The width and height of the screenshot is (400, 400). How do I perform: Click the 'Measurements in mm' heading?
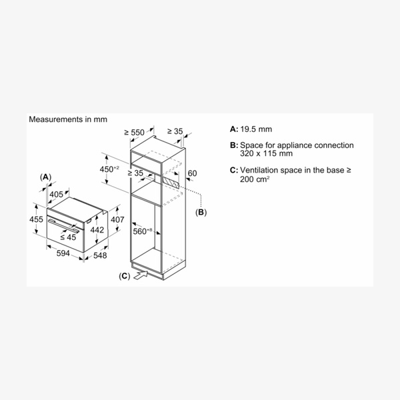67,119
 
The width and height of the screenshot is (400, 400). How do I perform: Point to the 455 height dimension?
36,220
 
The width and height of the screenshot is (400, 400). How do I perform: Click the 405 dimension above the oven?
57,194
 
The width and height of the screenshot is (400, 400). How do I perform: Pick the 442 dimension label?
97,230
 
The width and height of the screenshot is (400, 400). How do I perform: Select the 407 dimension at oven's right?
117,219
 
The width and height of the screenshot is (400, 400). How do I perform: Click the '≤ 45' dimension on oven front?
68,236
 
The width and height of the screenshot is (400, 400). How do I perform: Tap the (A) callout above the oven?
45,177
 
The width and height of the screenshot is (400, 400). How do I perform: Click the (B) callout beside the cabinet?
201,213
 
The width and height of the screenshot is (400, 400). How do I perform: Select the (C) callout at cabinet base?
124,275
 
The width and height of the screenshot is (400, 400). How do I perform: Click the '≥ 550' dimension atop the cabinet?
134,133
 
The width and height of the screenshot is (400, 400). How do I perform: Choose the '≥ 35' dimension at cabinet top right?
175,132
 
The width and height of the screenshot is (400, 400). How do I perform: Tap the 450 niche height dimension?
109,169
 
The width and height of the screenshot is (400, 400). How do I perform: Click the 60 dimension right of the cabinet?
193,173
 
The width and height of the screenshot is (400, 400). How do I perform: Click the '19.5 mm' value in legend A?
255,129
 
